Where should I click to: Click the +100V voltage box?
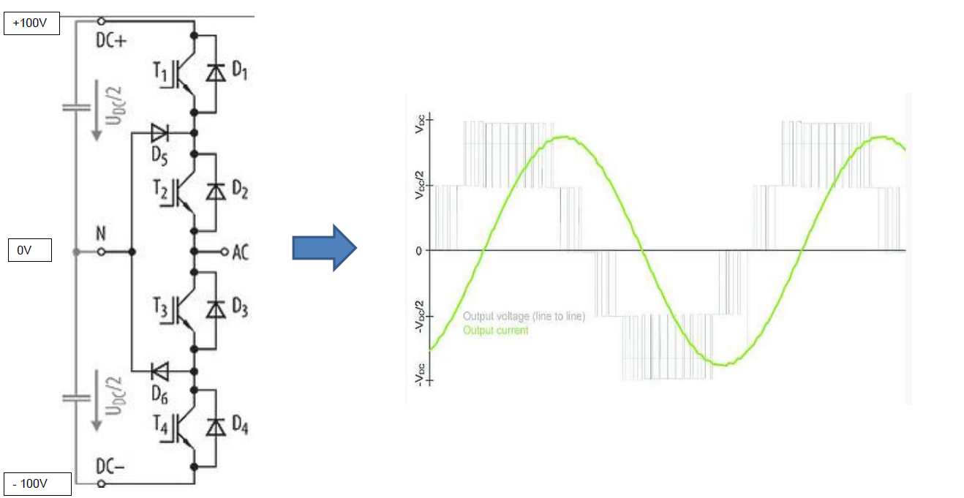[x=32, y=23]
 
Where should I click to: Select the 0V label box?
[x=30, y=250]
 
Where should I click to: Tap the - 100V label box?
[x=37, y=484]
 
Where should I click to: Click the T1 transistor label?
[x=160, y=71]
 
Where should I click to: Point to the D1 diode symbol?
[x=216, y=72]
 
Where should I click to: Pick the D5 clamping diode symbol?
[x=159, y=133]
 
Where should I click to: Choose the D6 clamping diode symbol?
[x=159, y=371]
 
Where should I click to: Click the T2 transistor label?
[x=160, y=189]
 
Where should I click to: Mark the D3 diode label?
[x=240, y=308]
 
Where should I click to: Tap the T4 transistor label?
[x=160, y=426]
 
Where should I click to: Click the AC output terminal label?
[x=241, y=253]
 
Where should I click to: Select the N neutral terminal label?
[x=101, y=233]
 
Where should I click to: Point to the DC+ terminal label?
[x=111, y=41]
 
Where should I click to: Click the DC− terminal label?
[x=110, y=466]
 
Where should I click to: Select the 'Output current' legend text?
[x=495, y=331]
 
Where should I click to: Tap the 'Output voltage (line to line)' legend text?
[x=524, y=317]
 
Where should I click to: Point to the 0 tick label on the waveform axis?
[x=419, y=252]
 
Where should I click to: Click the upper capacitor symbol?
[x=76, y=107]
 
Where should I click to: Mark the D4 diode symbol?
[x=216, y=427]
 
